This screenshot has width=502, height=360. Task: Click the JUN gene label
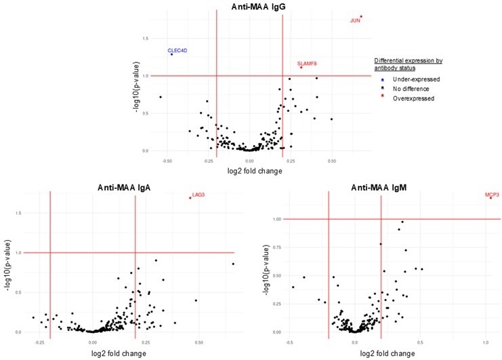355,21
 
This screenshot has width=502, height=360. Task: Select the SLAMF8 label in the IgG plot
307,64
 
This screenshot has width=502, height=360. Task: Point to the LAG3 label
198,195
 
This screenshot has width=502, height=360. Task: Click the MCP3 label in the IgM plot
493,195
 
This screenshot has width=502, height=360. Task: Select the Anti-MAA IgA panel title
130,186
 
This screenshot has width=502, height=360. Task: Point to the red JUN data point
361,16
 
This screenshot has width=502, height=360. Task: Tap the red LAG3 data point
190,198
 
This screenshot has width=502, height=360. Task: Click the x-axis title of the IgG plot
249,171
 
